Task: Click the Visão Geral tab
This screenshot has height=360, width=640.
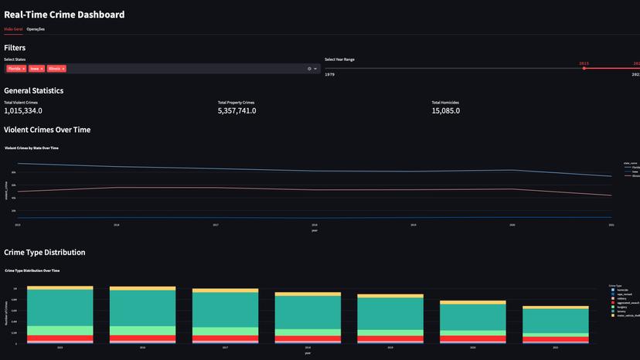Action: pos(13,29)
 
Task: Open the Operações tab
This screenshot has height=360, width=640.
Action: pos(36,29)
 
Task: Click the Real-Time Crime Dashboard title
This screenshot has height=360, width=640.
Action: pos(64,14)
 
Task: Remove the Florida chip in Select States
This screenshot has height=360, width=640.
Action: pos(24,69)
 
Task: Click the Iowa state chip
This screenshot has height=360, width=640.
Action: pos(35,69)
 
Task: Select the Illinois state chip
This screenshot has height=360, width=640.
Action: pos(54,69)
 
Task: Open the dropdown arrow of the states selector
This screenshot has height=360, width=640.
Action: pos(315,69)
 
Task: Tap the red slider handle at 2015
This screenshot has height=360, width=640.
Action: pos(584,69)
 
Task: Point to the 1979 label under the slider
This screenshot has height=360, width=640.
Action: pos(329,75)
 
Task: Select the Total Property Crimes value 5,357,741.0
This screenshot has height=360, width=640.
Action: pos(237,110)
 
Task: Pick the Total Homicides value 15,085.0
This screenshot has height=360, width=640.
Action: pos(446,110)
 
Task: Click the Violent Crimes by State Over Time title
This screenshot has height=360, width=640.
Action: pos(32,148)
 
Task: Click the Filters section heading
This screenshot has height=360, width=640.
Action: pos(15,48)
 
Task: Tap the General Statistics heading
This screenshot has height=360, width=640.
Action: pos(33,90)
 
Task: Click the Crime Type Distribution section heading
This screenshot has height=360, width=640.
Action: pos(44,253)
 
